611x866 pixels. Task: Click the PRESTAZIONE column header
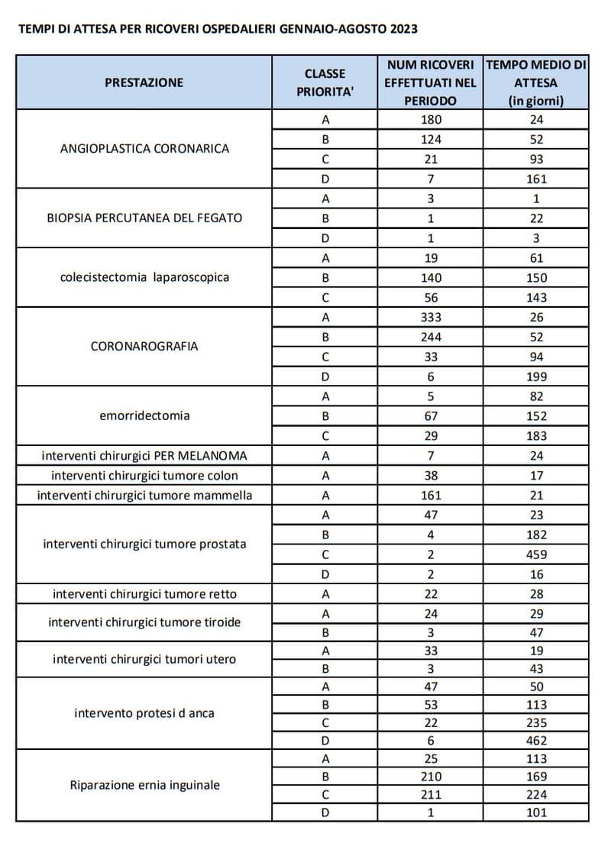pyautogui.click(x=144, y=82)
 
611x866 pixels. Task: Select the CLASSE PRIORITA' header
pyautogui.click(x=325, y=82)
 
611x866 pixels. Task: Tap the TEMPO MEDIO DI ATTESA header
pyautogui.click(x=535, y=82)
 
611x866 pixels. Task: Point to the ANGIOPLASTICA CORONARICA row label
pyautogui.click(x=144, y=148)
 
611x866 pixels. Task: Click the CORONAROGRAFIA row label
pyautogui.click(x=144, y=346)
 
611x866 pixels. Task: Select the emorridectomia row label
pyautogui.click(x=144, y=415)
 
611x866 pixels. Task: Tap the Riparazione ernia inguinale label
pyautogui.click(x=144, y=784)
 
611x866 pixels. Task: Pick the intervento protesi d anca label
pyautogui.click(x=144, y=713)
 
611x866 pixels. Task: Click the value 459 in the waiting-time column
pyautogui.click(x=536, y=554)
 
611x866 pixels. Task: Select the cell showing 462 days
pyautogui.click(x=536, y=740)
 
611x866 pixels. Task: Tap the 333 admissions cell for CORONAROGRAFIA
pyautogui.click(x=431, y=317)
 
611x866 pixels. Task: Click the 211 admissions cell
pyautogui.click(x=431, y=794)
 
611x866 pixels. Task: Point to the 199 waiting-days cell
pyautogui.click(x=536, y=376)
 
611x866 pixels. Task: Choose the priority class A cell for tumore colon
pyautogui.click(x=325, y=475)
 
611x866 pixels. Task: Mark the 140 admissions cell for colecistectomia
pyautogui.click(x=431, y=277)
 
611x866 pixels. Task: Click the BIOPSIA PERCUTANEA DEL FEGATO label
pyautogui.click(x=144, y=218)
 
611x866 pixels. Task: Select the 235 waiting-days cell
pyautogui.click(x=536, y=722)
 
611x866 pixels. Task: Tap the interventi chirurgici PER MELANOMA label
pyautogui.click(x=144, y=456)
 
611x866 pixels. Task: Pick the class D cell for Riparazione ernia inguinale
pyautogui.click(x=325, y=812)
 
